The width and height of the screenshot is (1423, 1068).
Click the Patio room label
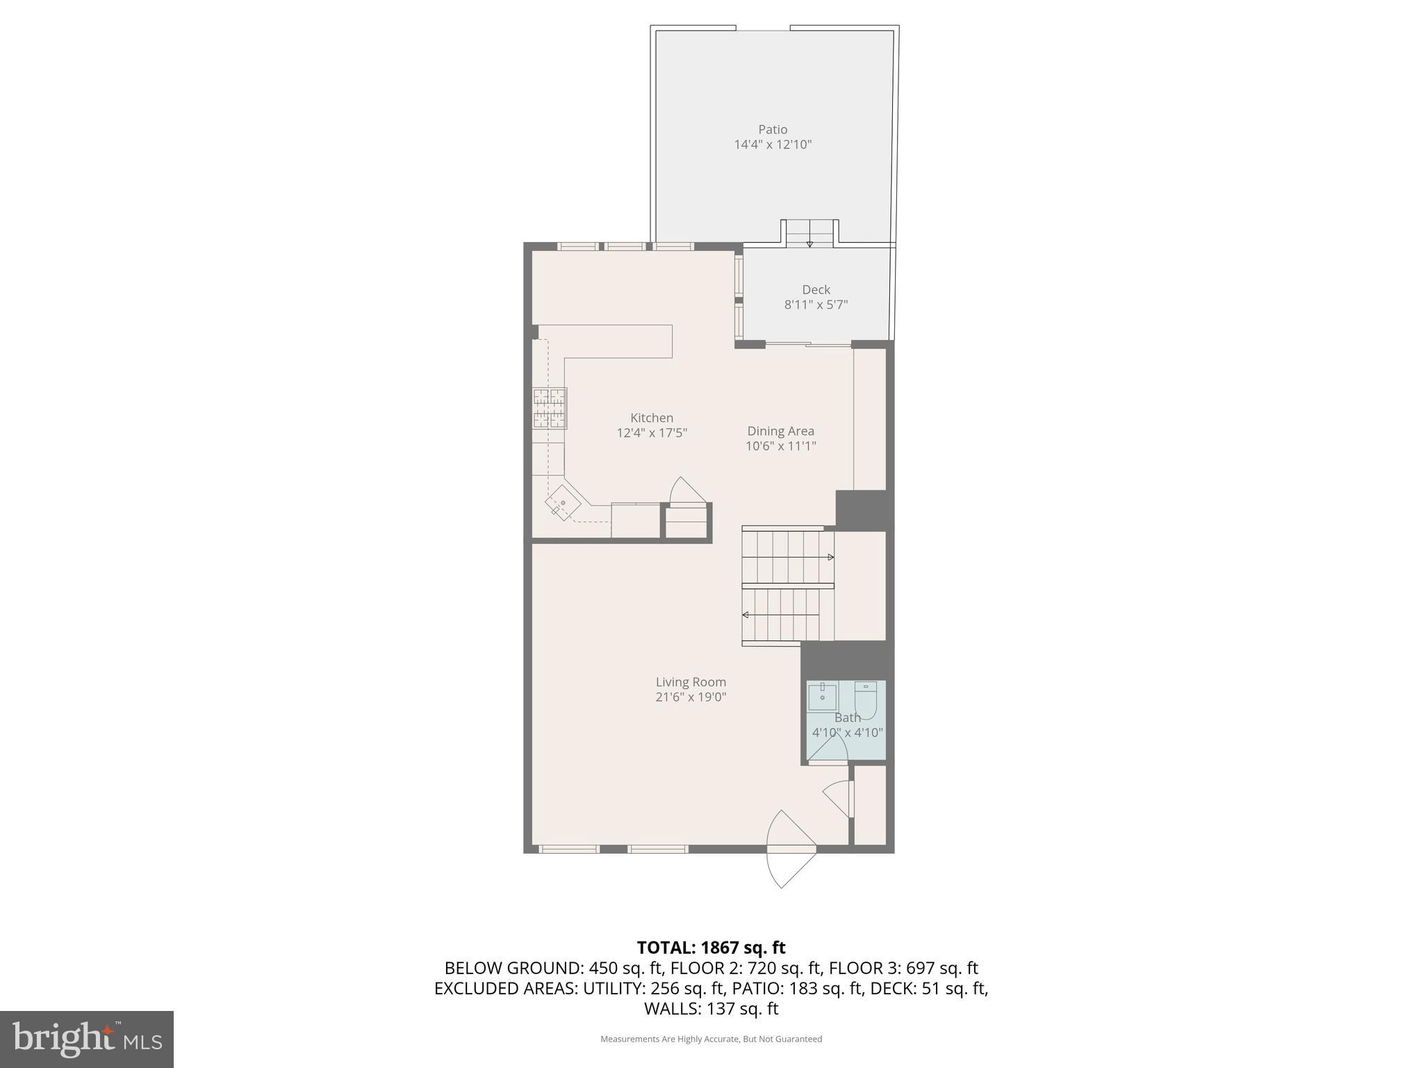(773, 129)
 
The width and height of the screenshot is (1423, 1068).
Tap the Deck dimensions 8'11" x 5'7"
(816, 305)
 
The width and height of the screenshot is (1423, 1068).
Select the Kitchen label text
(651, 418)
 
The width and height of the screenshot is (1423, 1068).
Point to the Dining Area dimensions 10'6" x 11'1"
(780, 446)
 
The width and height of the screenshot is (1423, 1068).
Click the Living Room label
(691, 682)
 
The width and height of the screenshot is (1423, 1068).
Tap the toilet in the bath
(865, 698)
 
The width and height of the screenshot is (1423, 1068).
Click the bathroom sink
(822, 696)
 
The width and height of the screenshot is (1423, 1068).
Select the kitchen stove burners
(550, 408)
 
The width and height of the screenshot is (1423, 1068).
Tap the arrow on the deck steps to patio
(809, 243)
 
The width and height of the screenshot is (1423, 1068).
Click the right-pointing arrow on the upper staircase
(830, 557)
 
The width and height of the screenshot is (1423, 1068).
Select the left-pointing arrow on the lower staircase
(746, 615)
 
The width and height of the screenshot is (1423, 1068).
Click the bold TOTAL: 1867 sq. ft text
(711, 948)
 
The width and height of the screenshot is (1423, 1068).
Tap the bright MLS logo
(86, 1039)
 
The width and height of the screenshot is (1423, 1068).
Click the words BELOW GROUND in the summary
(513, 968)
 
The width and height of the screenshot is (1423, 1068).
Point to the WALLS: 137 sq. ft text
(711, 1008)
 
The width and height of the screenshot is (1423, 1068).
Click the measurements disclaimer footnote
(711, 1039)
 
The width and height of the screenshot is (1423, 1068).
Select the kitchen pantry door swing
(686, 491)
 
